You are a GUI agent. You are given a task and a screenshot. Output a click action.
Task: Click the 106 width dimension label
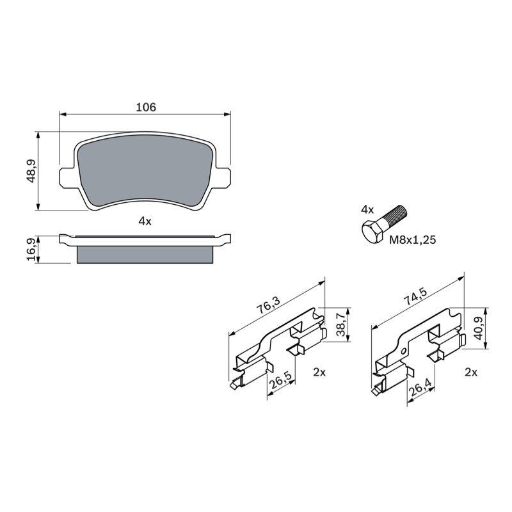146,107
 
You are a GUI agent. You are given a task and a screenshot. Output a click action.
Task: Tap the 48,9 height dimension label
31,171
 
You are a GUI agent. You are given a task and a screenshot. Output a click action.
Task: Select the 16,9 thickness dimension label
31,250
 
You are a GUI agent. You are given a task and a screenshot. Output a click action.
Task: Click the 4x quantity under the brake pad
145,221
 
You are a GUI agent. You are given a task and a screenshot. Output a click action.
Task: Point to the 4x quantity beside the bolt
367,209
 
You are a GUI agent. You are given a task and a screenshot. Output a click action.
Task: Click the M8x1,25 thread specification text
412,240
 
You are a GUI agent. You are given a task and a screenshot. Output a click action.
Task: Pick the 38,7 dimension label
340,324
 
